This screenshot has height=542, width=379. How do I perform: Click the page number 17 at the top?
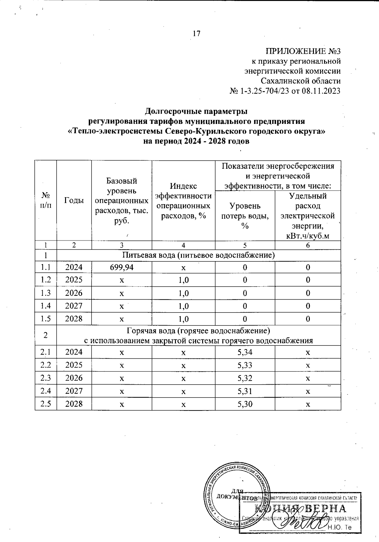196,33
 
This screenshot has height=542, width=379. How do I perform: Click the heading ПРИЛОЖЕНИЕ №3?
303,51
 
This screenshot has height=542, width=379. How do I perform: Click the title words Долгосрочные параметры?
196,112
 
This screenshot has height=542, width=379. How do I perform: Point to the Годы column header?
74,200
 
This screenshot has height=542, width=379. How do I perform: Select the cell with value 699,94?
122,267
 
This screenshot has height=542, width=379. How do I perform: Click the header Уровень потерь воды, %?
245,216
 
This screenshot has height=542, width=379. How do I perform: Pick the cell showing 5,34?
245,352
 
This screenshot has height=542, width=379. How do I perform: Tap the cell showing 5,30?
245,404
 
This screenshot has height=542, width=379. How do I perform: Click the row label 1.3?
46,293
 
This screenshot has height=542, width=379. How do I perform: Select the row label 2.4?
46,391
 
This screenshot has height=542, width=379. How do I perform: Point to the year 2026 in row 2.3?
74,378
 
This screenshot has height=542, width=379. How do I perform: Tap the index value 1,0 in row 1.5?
183,319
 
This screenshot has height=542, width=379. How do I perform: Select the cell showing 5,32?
245,378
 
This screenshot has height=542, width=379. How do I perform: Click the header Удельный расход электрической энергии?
308,216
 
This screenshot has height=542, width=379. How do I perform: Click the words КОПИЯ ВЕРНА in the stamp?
300,509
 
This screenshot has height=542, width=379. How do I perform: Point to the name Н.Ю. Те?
340,527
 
